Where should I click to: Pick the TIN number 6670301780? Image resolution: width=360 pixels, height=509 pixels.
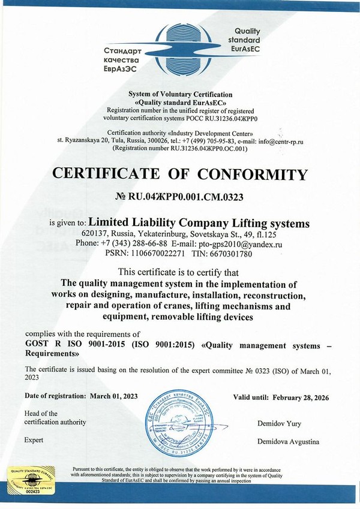coord(226,254)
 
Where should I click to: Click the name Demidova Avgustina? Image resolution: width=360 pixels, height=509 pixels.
coord(288,442)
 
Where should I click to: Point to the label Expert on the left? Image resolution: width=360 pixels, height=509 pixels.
coord(34,441)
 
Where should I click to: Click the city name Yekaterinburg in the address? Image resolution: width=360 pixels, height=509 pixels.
coord(160,234)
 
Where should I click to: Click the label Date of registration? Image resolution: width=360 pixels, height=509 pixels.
coord(56,396)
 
